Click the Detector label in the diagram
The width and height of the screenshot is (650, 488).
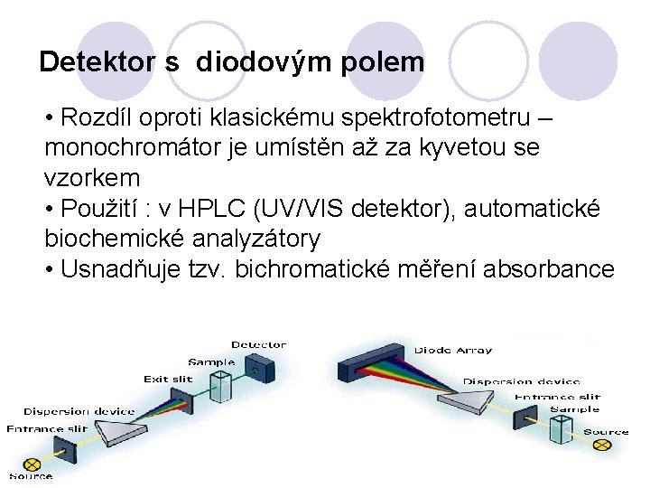[258, 344]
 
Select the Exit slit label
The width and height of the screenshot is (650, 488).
[168, 380]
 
